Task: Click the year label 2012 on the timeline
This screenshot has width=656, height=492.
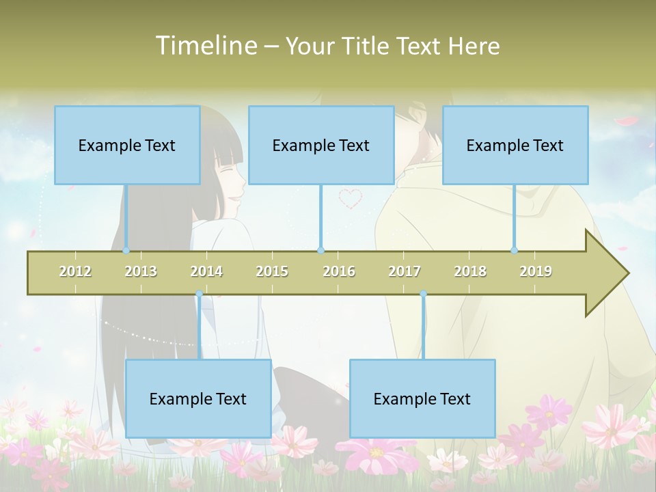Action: coord(75,271)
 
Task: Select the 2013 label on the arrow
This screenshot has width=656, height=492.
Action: coord(141,271)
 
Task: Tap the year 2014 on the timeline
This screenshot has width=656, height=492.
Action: coord(206,271)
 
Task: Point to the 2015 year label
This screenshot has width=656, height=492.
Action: coord(272,271)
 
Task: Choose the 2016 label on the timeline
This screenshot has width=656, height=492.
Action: coord(339,271)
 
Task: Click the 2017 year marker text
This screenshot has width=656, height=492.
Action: coord(405,271)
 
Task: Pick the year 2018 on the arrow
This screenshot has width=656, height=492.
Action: coord(470,271)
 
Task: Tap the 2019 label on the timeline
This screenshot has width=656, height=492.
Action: coord(536,271)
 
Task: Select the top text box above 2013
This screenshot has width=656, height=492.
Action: coord(127,145)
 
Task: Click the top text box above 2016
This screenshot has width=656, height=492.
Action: coord(321,145)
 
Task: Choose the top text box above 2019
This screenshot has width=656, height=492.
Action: coord(515,145)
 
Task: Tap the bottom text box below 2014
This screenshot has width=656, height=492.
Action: coord(198,398)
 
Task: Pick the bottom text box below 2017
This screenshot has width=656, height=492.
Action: coord(422,398)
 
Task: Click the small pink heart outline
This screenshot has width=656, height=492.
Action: coord(351,198)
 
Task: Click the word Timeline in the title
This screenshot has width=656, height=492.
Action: coord(205,46)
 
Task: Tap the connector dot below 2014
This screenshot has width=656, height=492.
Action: coord(199,294)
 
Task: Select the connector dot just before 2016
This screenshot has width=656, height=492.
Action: coord(320,251)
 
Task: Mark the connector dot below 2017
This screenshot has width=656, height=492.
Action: coord(423,294)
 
